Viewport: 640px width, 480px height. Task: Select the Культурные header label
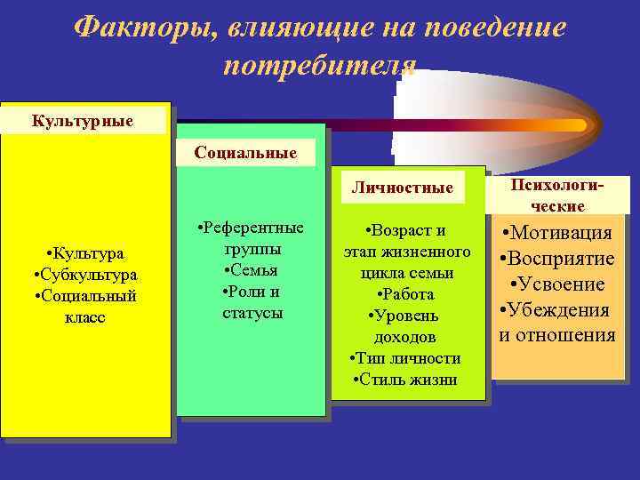coord(83,119)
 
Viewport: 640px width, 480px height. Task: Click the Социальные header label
coord(246,153)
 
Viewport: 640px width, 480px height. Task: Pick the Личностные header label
coord(402,188)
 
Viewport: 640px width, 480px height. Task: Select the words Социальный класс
coord(84,306)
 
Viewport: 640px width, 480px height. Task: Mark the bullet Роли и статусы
coord(252,302)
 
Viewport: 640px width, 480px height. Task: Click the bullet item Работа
coord(405,294)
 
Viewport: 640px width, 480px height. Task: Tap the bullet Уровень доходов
coord(405,326)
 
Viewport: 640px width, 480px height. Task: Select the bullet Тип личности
coord(405,358)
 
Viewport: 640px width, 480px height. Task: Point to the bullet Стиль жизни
coord(405,380)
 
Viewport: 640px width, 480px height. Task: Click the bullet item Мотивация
coord(557,233)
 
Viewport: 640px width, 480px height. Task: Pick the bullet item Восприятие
coord(557,259)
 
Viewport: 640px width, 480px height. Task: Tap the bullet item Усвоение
coord(559,284)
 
